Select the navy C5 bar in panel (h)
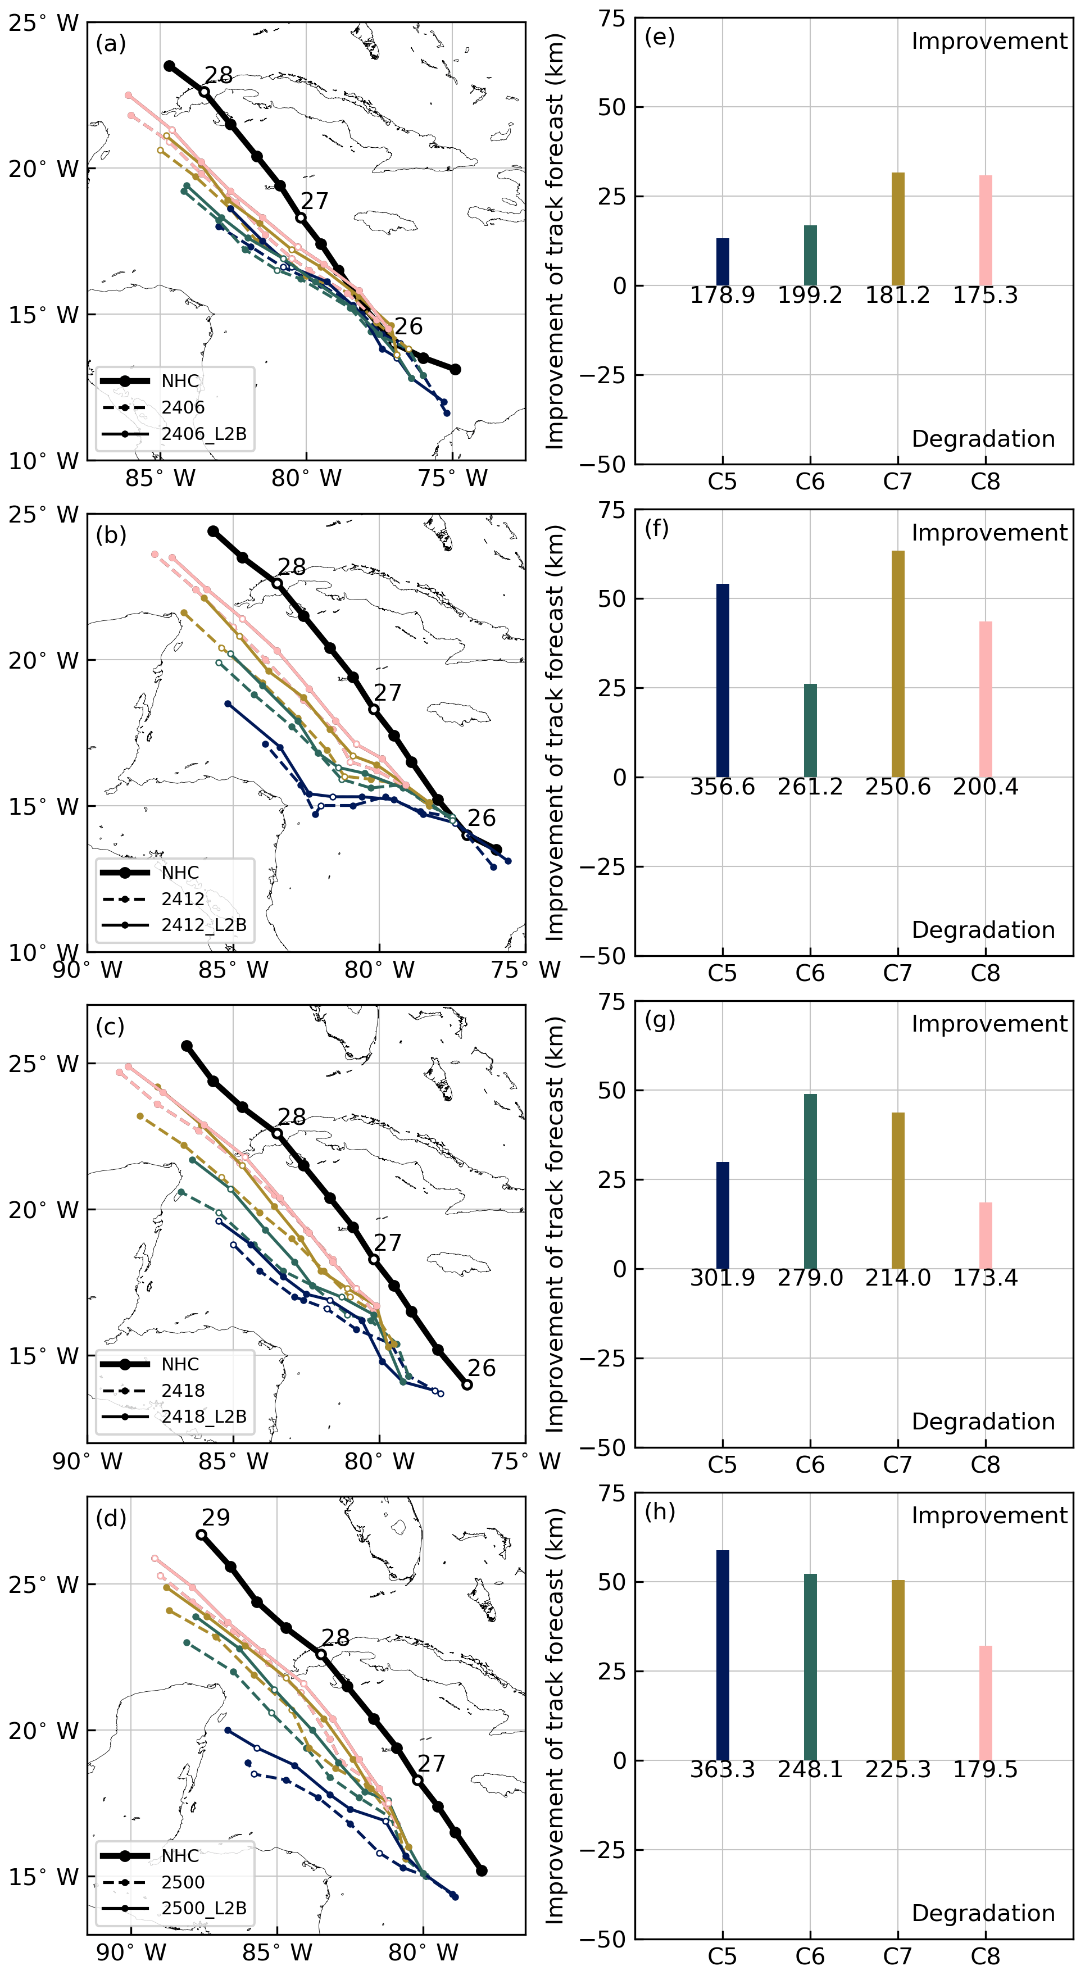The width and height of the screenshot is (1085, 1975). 723,1655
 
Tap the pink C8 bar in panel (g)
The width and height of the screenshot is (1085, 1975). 986,1235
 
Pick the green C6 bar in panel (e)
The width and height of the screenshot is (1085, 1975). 810,255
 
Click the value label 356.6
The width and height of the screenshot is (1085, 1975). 723,787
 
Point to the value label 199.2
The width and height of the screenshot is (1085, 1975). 810,295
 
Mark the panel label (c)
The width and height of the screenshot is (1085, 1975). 111,1027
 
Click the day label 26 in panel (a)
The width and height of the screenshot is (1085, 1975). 408,326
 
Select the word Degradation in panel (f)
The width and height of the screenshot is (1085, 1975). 983,930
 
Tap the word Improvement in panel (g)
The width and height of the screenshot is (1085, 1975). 989,1024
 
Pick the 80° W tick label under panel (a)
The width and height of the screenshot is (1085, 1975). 306,478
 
